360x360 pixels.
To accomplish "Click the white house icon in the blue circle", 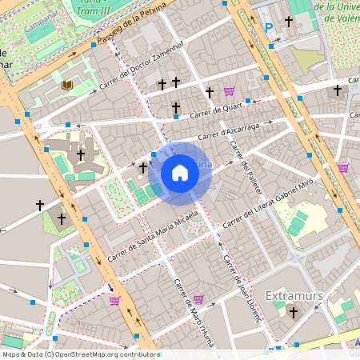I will point(180,173).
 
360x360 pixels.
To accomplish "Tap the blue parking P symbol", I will point(270,27).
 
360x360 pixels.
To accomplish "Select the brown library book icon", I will point(67,84).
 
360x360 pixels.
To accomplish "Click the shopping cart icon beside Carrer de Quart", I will point(230,91).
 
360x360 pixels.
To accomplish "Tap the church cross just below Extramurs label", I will point(294,314).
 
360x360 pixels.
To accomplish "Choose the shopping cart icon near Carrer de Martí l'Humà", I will point(198,299).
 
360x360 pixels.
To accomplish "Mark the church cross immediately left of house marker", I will point(143,167).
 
